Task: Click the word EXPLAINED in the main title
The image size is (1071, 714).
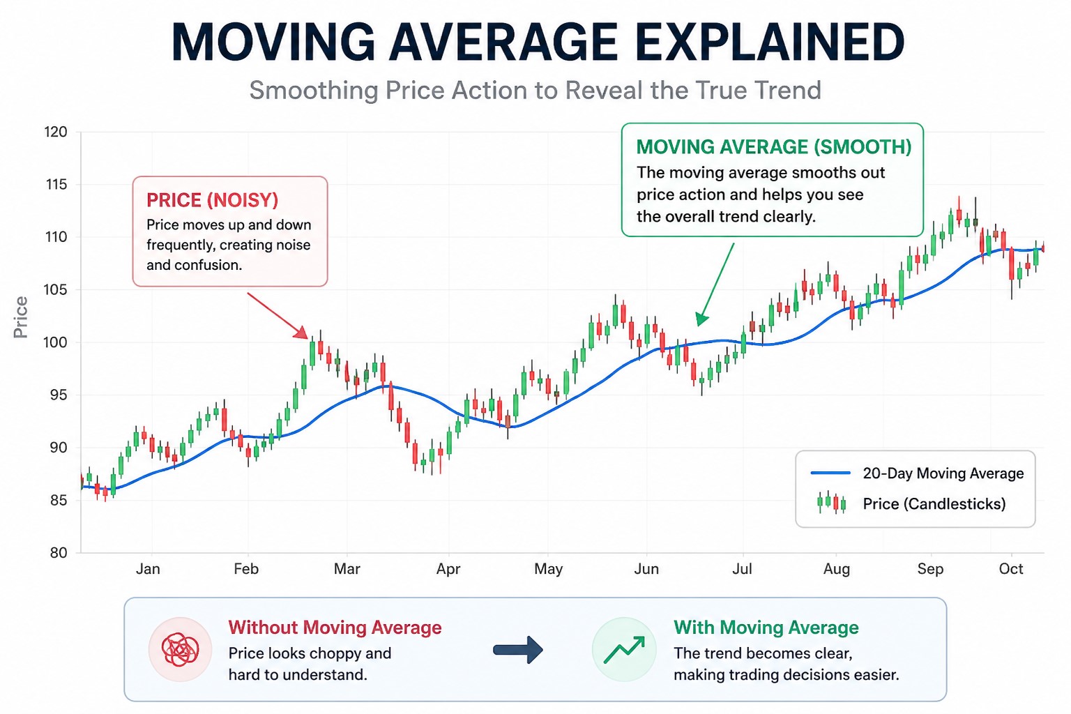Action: click(x=769, y=43)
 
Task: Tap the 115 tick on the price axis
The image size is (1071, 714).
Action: click(x=56, y=185)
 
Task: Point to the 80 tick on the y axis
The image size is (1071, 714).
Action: click(x=59, y=553)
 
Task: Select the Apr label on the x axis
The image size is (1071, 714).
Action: click(x=448, y=569)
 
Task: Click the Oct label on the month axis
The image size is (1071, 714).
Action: click(x=1010, y=569)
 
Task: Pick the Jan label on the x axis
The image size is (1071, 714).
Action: click(x=148, y=569)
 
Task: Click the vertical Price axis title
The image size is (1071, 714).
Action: click(x=21, y=317)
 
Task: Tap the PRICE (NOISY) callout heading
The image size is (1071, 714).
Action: click(x=212, y=201)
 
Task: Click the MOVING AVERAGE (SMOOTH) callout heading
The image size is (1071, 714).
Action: click(x=773, y=147)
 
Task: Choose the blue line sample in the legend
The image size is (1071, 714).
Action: click(x=830, y=473)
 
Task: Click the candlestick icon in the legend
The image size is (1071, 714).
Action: click(x=831, y=503)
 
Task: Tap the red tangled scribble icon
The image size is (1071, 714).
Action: click(x=180, y=650)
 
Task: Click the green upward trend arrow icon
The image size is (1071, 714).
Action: click(x=624, y=650)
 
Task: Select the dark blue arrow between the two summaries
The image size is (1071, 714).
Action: click(x=517, y=650)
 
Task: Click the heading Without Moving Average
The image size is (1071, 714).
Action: click(x=335, y=628)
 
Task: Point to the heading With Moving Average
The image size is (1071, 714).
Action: click(x=766, y=628)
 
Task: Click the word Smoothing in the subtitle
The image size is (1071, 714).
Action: click(x=313, y=91)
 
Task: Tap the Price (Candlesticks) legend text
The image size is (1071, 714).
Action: click(x=934, y=504)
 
